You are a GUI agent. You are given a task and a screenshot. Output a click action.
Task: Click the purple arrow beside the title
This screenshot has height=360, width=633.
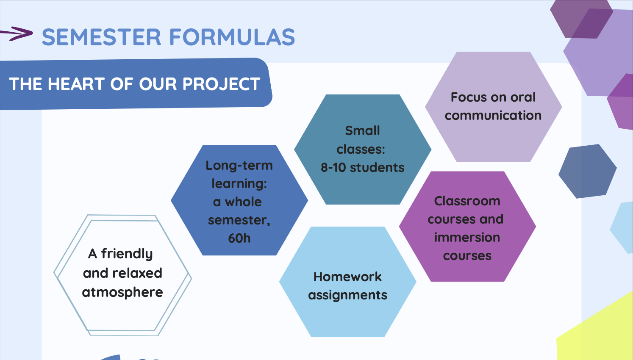tap(17, 33)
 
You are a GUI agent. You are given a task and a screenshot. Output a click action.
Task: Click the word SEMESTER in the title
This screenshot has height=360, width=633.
tap(101, 37)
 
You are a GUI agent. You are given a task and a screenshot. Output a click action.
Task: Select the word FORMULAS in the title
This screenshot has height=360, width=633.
tap(232, 37)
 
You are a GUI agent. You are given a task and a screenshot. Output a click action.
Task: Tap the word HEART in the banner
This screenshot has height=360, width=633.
tap(76, 84)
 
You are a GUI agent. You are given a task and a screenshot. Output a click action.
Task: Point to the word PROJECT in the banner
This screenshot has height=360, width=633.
tap(221, 84)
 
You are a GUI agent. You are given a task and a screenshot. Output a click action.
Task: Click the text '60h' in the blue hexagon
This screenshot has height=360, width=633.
tap(239, 238)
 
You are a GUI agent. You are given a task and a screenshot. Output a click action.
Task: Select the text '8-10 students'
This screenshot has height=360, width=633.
tap(363, 168)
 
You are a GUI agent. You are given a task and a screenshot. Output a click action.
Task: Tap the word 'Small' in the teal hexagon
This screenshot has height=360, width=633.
tap(363, 130)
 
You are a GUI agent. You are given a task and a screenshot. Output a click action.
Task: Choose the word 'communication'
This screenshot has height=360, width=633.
tap(493, 115)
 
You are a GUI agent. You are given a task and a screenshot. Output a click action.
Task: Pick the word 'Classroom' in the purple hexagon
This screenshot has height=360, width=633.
tap(467, 201)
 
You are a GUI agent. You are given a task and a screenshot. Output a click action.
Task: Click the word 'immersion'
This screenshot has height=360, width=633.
tap(467, 237)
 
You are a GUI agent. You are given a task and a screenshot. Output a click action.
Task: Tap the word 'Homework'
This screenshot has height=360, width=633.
tap(347, 277)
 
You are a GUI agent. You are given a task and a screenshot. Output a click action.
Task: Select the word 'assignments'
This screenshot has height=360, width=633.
tap(347, 295)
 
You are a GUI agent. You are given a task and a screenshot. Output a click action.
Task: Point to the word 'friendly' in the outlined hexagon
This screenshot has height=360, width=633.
tap(127, 254)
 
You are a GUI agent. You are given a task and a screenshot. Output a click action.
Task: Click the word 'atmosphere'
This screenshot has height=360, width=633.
tap(122, 293)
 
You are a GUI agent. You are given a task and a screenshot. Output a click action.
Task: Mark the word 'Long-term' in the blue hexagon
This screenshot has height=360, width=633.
tap(239, 166)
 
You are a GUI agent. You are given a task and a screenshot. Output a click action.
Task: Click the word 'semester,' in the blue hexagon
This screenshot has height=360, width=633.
tap(239, 220)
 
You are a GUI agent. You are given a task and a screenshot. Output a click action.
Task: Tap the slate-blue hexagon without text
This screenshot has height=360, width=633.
tap(588, 171)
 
